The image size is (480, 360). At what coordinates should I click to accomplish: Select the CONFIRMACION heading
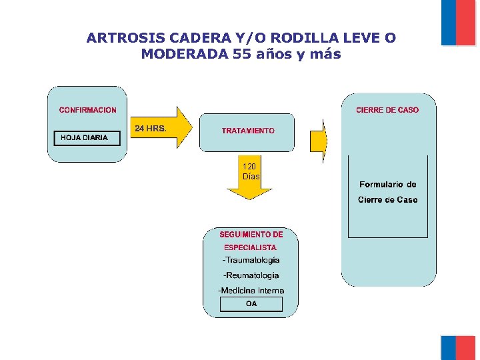[x=87, y=110]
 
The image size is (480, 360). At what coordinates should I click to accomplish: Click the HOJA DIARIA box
[x=87, y=138]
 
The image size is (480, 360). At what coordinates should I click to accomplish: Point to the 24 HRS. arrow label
[x=151, y=127]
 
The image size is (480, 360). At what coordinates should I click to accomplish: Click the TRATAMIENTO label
[x=248, y=131]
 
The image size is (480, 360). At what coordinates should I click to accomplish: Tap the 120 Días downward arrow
[x=251, y=179]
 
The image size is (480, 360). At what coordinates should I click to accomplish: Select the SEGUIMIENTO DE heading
[x=251, y=235]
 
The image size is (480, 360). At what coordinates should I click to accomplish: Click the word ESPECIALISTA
[x=250, y=247]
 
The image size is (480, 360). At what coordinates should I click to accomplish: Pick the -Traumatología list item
[x=251, y=260]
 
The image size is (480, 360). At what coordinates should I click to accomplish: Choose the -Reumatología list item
[x=251, y=275]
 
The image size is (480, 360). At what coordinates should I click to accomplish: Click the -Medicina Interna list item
[x=251, y=291]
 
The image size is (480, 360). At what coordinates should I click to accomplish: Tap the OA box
[x=251, y=304]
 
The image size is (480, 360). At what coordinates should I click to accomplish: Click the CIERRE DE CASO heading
[x=387, y=110]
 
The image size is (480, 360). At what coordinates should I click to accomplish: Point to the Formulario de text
[x=388, y=185]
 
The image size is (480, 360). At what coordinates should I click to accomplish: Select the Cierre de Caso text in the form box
[x=388, y=199]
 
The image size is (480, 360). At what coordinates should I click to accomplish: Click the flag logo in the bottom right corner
[x=458, y=347]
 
